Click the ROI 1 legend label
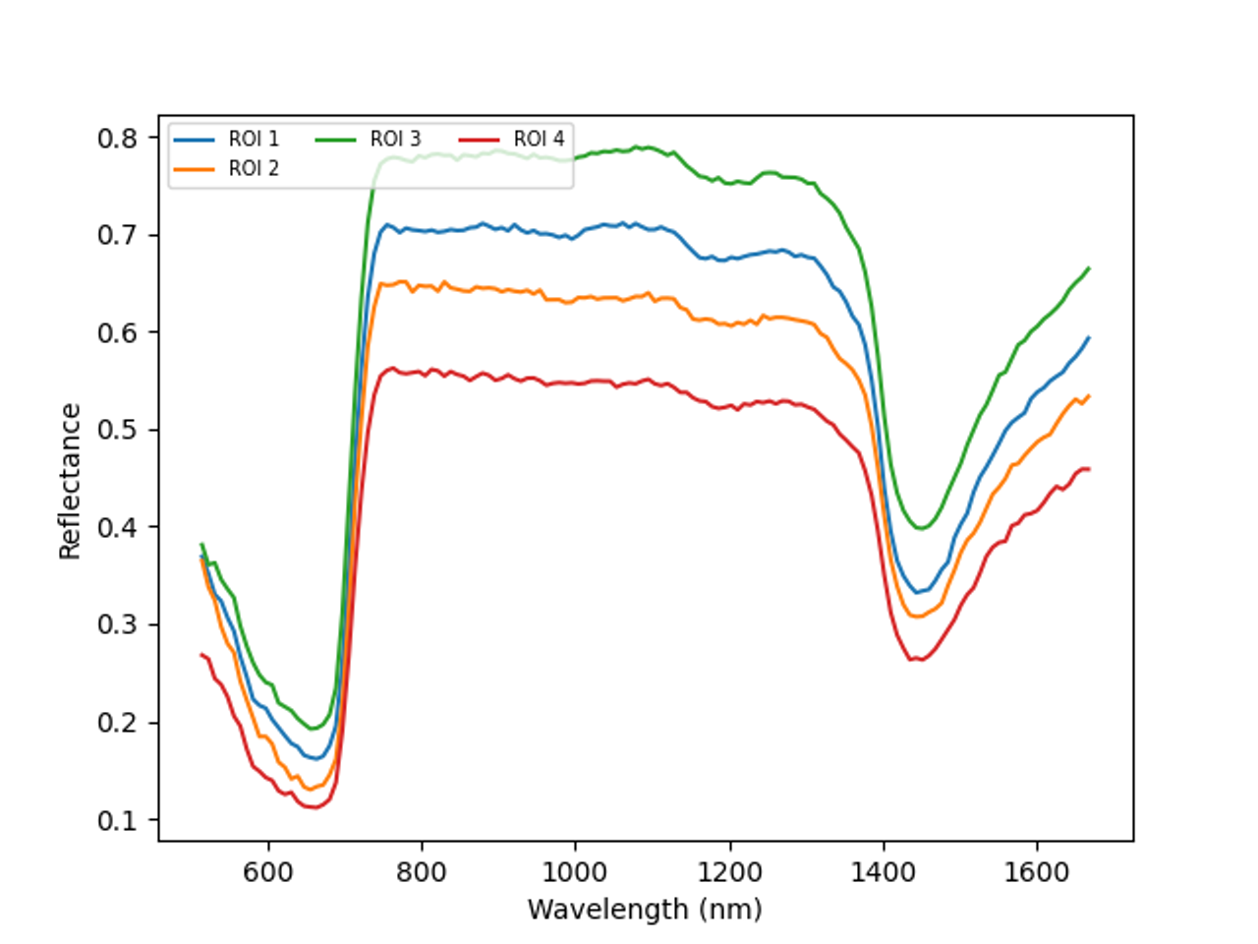tap(254, 140)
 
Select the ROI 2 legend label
tap(254, 169)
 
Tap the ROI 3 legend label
tap(395, 140)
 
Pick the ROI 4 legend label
tap(539, 140)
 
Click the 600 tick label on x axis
tap(268, 871)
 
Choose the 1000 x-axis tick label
tap(575, 871)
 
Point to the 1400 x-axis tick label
tap(883, 871)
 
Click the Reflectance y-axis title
tap(70, 481)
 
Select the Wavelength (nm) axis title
tap(645, 910)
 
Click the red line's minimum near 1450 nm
tap(917, 660)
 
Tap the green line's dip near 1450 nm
tap(921, 529)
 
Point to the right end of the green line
tap(1089, 267)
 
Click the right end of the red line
tap(1089, 469)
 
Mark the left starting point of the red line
tap(201, 654)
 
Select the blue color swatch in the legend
tap(195, 140)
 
